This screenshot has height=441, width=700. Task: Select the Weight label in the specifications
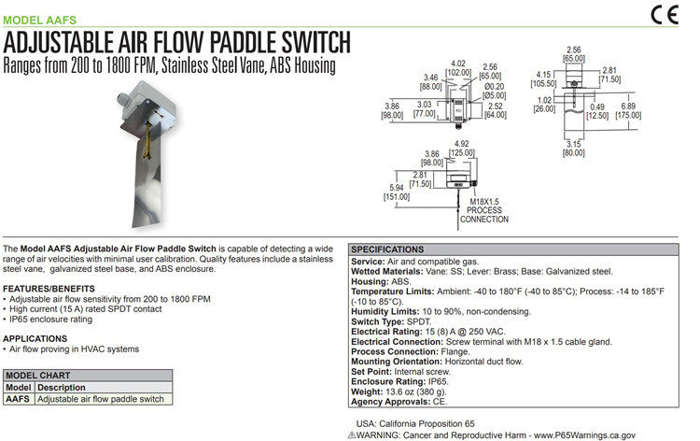pos(370,392)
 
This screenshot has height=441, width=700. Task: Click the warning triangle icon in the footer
pos(350,433)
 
